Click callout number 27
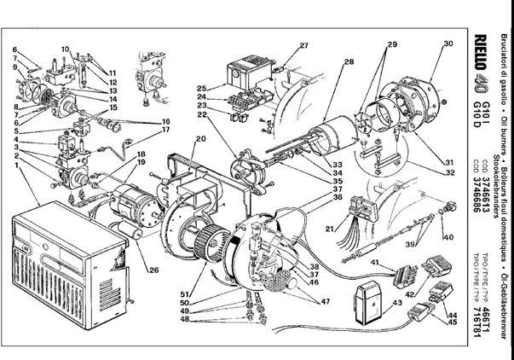click(303, 45)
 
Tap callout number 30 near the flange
click(448, 44)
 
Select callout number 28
click(349, 62)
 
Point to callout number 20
click(201, 138)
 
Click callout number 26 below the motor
click(154, 271)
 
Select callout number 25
click(202, 89)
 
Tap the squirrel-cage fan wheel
click(209, 241)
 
